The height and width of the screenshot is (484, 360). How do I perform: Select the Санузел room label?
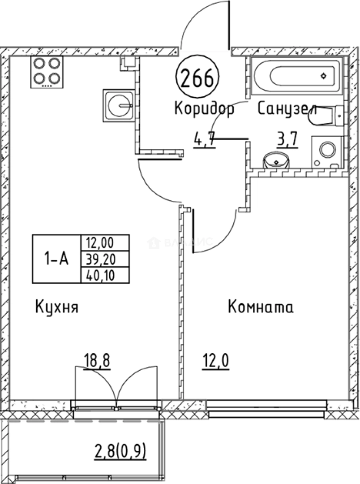pos(287,109)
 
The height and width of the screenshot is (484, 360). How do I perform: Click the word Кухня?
pos(56,308)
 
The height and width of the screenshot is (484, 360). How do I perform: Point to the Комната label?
pos(261,308)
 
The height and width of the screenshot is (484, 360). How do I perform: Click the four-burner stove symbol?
pos(46,72)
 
